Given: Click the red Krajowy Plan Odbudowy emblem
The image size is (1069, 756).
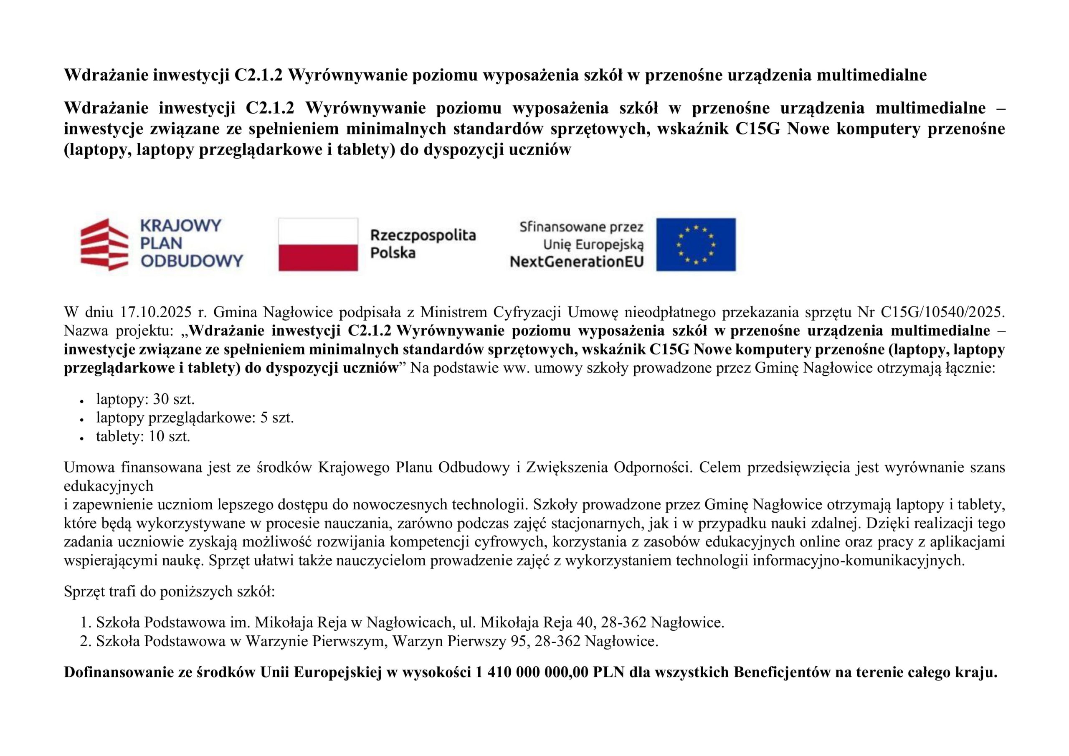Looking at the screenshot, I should click(x=105, y=244).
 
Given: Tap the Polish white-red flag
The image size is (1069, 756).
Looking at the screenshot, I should click(x=318, y=244).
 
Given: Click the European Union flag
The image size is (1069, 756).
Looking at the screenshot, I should click(x=696, y=244).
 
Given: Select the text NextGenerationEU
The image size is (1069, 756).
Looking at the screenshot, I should click(x=576, y=262).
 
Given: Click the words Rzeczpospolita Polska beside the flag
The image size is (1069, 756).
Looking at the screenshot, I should click(x=422, y=244).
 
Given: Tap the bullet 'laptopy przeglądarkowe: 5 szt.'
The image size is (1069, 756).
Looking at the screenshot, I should click(x=195, y=417).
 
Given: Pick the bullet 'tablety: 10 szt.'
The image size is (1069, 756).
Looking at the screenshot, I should click(x=143, y=436).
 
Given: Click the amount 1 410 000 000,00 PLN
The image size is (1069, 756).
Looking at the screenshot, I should click(x=549, y=673).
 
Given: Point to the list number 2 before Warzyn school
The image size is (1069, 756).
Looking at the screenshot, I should click(x=84, y=642).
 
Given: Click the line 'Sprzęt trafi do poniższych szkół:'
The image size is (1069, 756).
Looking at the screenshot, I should click(x=170, y=592).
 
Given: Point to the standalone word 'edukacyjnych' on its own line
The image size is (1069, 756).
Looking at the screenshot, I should click(x=109, y=486).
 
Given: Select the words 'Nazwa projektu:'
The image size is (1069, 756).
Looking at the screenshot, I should click(x=118, y=331).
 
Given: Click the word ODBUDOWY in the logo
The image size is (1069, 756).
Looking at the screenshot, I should click(x=192, y=260).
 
